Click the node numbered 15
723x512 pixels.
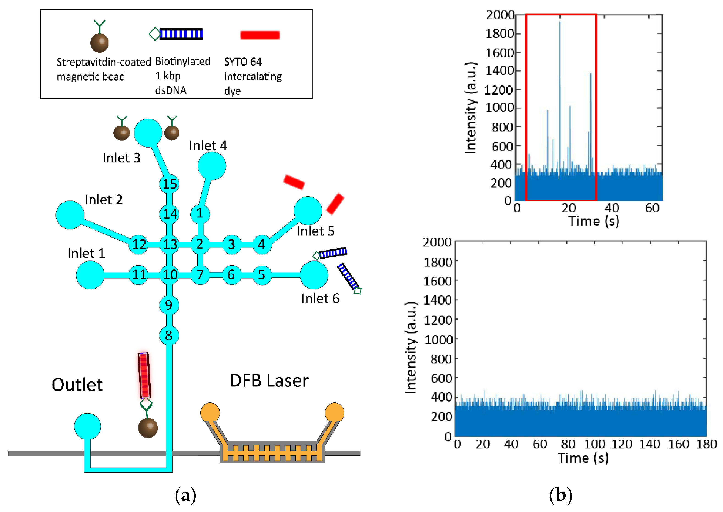click(x=169, y=184)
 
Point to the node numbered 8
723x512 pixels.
click(x=169, y=335)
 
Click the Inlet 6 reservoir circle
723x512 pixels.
click(x=314, y=275)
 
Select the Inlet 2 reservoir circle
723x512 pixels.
click(x=70, y=215)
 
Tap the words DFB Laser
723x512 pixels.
click(x=269, y=381)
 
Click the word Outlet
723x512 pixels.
click(x=77, y=385)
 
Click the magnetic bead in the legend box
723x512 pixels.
click(x=100, y=43)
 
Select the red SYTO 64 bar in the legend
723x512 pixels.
click(x=260, y=35)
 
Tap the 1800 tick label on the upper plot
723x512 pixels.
click(x=500, y=34)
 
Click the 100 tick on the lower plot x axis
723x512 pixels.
click(x=595, y=444)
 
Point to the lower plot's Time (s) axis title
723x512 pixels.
click(x=583, y=458)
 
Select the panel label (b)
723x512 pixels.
click(x=560, y=495)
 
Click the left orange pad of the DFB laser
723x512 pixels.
click(x=210, y=412)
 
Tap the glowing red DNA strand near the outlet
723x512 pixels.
click(x=144, y=375)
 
